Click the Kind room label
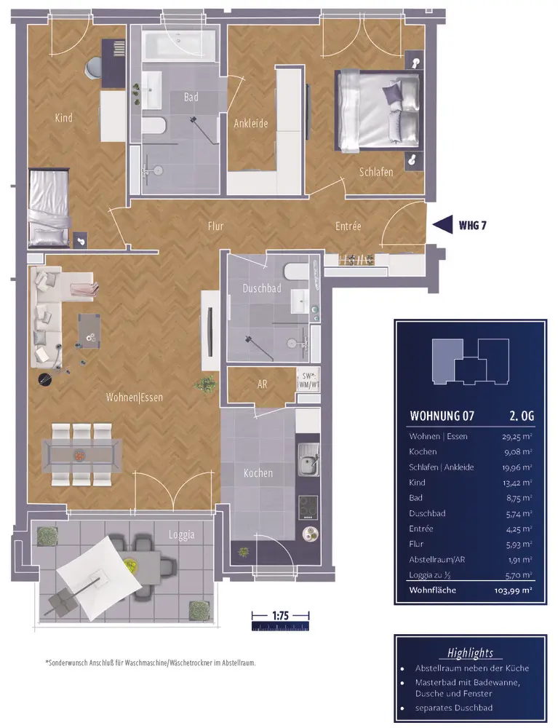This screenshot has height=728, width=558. (x=63, y=118)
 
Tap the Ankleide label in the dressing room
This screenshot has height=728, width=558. (x=250, y=124)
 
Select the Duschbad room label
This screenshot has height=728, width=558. (x=262, y=288)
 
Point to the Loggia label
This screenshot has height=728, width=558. (x=181, y=535)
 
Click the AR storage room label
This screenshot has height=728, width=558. (x=262, y=384)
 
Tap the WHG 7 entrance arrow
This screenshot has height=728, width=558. (x=442, y=225)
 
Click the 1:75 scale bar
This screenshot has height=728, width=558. (x=280, y=621)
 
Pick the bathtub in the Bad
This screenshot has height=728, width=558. (x=178, y=46)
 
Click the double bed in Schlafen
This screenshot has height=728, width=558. (x=379, y=111)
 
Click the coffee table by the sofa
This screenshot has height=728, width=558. (x=89, y=329)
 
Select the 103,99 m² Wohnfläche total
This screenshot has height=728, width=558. (x=513, y=590)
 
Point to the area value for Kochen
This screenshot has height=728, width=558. (x=517, y=452)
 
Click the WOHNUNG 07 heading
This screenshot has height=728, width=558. (x=442, y=416)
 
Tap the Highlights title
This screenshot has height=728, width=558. (x=470, y=653)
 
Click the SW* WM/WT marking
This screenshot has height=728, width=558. (x=308, y=380)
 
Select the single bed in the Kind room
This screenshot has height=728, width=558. (x=48, y=207)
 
